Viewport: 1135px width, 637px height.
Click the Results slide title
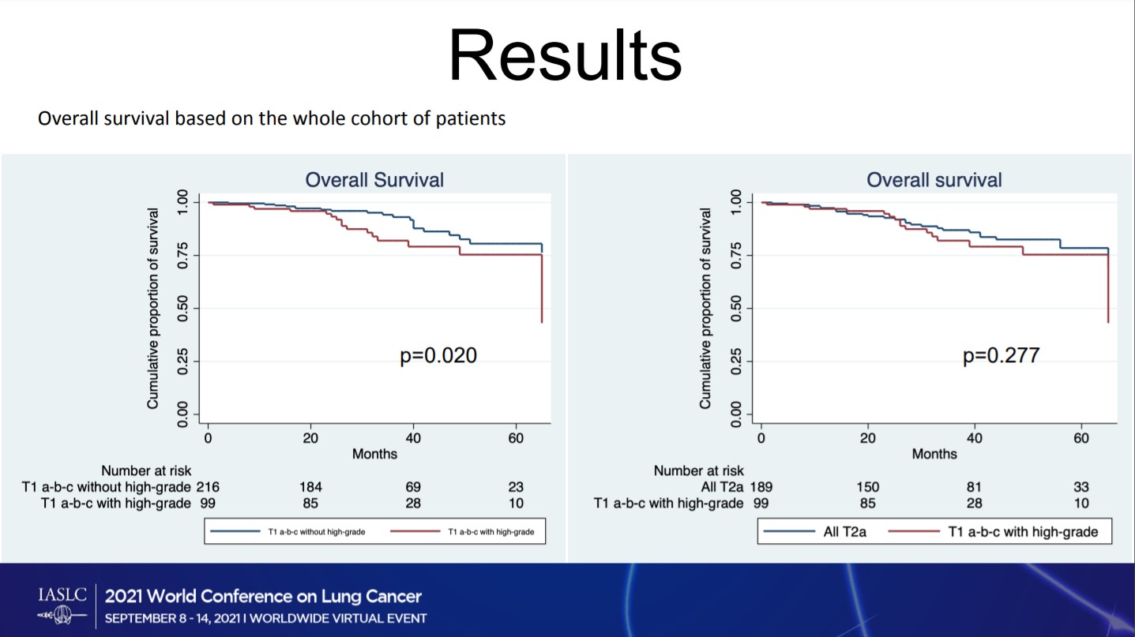pyautogui.click(x=565, y=56)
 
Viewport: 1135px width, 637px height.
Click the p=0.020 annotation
pyautogui.click(x=438, y=356)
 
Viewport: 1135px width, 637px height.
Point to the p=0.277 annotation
pyautogui.click(x=1001, y=356)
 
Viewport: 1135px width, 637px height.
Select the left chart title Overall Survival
pyautogui.click(x=374, y=180)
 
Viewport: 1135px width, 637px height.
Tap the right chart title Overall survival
pyautogui.click(x=934, y=180)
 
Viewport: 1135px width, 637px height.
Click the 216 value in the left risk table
pyautogui.click(x=208, y=487)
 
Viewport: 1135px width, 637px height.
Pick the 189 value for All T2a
pyautogui.click(x=761, y=487)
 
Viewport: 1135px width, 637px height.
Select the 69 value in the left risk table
pyautogui.click(x=413, y=487)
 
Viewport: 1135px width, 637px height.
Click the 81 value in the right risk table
pyautogui.click(x=974, y=487)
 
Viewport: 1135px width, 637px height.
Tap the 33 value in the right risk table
pyautogui.click(x=1081, y=487)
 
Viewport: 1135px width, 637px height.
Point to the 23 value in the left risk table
pyautogui.click(x=516, y=487)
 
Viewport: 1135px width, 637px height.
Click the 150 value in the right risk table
pyautogui.click(x=867, y=487)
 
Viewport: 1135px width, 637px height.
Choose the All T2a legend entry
pyautogui.click(x=844, y=532)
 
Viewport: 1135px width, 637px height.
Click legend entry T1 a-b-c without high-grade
pyautogui.click(x=315, y=532)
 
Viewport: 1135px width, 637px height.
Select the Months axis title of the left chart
pyautogui.click(x=374, y=454)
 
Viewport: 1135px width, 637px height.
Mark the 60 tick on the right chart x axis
pyautogui.click(x=1081, y=438)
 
